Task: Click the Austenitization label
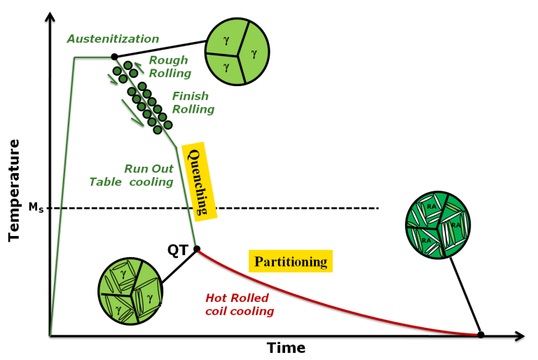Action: pos(113,39)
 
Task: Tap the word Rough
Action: pos(168,60)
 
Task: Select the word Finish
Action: pos(191,97)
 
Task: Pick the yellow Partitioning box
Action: pos(291,261)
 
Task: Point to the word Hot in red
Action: pos(217,298)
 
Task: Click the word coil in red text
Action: pos(218,312)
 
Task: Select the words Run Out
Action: pos(149,169)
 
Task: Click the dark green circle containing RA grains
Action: pos(438,225)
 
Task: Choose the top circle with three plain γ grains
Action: pos(237,51)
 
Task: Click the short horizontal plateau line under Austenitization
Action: pos(92,57)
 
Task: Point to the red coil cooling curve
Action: pos(336,301)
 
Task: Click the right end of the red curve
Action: pos(476,334)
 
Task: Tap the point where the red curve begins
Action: pos(199,251)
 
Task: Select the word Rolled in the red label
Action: pos(251,298)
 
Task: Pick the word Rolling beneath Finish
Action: pos(193,109)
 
